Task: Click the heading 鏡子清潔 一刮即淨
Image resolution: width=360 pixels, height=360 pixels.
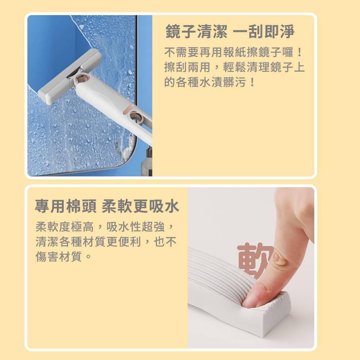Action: [230, 31]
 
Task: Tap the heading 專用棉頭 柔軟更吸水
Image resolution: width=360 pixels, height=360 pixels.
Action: [107, 206]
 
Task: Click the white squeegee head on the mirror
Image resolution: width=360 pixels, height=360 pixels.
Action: [69, 76]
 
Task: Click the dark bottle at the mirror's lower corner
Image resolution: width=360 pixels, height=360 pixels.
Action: [147, 162]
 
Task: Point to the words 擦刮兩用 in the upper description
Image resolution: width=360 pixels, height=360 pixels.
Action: [187, 67]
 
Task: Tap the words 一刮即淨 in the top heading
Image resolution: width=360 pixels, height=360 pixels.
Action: [264, 31]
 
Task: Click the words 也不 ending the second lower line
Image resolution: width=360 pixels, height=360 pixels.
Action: [165, 242]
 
